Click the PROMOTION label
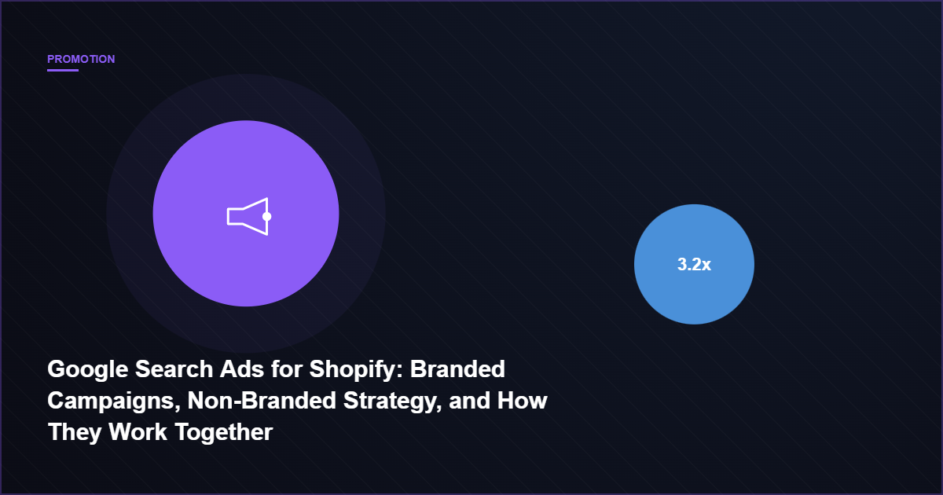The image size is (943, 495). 81,59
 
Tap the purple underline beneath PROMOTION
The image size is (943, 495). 63,70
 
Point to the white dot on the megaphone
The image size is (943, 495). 266,216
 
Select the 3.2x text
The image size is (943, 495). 694,265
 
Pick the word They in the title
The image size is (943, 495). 73,431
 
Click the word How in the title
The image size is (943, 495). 523,400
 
